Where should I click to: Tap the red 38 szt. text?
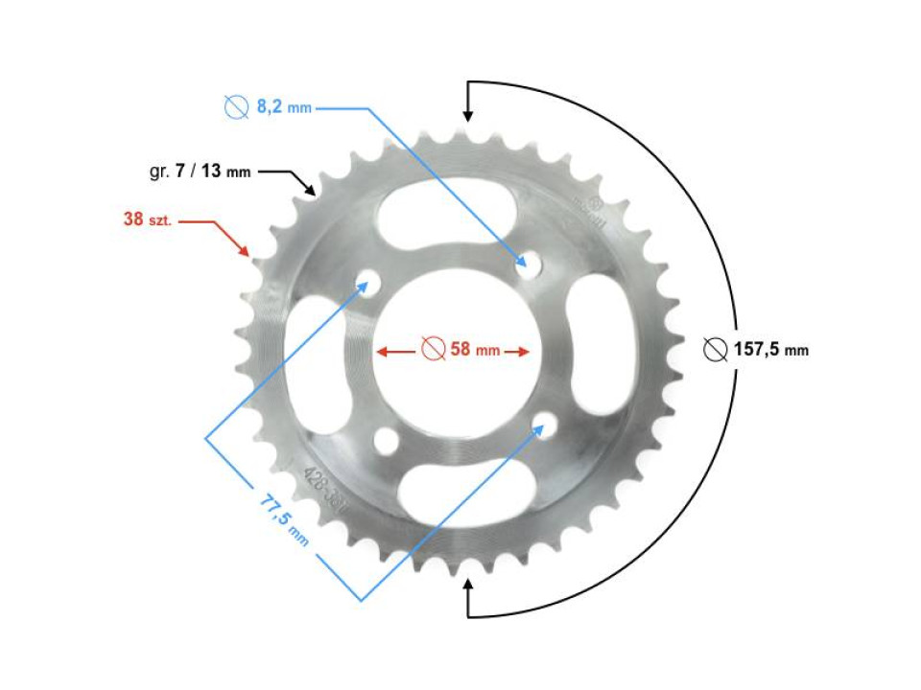(147, 219)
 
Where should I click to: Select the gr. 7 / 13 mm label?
(200, 172)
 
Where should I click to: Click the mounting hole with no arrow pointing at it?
(387, 440)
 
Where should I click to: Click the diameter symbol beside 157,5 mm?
(714, 350)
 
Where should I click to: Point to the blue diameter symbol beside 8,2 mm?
(236, 108)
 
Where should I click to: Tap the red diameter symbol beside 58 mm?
(433, 350)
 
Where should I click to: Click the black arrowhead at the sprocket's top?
(468, 115)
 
